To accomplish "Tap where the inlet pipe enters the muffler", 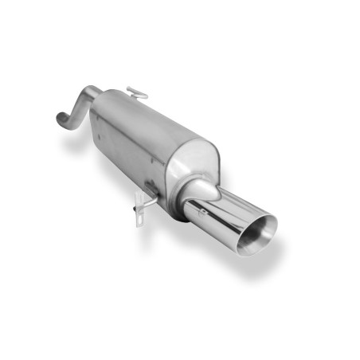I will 94,99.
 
